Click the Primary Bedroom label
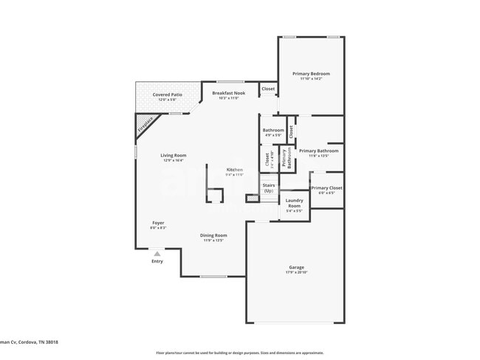click(310, 74)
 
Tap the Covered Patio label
click(168, 95)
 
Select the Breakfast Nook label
click(227, 93)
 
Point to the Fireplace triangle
click(145, 126)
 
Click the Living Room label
click(174, 155)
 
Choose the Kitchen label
click(233, 170)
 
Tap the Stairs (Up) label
click(268, 188)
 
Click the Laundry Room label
click(294, 204)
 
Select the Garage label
click(297, 267)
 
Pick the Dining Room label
click(213, 235)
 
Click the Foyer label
click(158, 223)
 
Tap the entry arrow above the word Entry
click(157, 253)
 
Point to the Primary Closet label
click(326, 188)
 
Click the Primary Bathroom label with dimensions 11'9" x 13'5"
click(318, 151)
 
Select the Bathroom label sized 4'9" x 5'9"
click(273, 131)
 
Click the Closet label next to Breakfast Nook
click(268, 89)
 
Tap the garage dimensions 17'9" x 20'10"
click(297, 273)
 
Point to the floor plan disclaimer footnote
click(240, 353)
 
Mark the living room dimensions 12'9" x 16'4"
click(174, 160)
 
